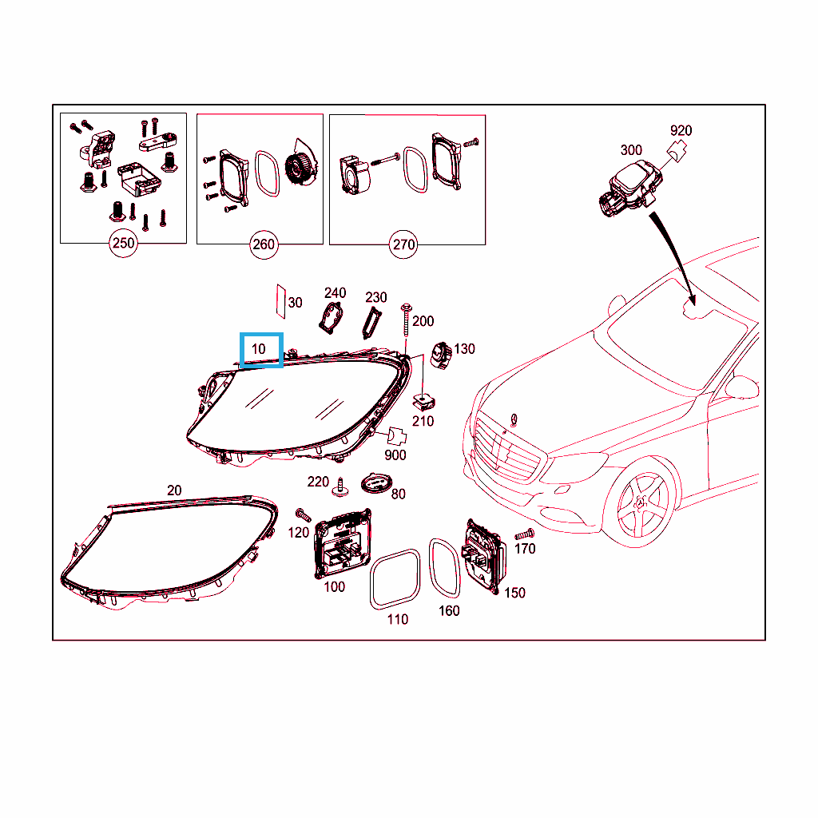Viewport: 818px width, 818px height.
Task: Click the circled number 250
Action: pos(123,243)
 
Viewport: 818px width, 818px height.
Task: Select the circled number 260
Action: pos(264,244)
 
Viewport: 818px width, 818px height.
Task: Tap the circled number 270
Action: pos(403,244)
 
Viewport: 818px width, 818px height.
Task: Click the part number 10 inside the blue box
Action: pos(259,349)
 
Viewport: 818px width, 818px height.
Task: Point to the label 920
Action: pos(681,130)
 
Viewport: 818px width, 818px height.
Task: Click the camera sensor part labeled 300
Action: pos(630,189)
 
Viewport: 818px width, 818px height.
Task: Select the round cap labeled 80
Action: pos(376,483)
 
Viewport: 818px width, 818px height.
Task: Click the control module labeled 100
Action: pos(342,543)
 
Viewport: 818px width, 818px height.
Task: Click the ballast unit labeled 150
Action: pos(483,557)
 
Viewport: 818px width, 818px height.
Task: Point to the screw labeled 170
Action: pos(524,534)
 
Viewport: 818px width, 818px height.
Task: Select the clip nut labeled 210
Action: pos(423,403)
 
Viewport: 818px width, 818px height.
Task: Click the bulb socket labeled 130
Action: pos(441,355)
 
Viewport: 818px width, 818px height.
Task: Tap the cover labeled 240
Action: pos(331,317)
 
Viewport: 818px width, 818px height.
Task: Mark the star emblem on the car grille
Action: pos(514,420)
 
